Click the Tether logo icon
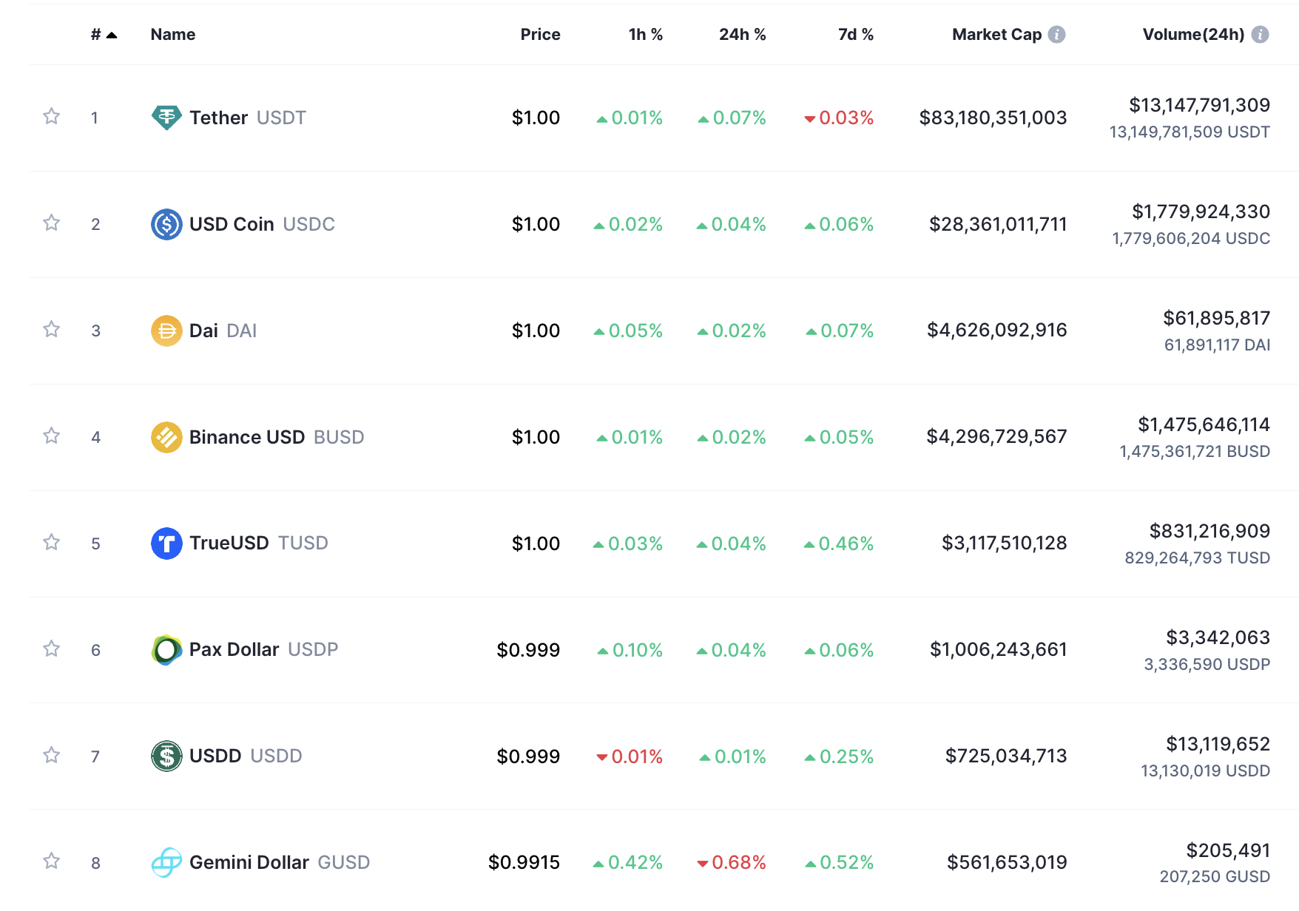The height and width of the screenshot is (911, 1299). click(166, 118)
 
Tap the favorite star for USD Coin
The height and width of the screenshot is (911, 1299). click(51, 223)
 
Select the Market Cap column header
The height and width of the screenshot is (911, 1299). click(996, 35)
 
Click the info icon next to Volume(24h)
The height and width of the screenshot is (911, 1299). click(1260, 35)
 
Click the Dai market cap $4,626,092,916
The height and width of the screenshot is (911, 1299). click(996, 330)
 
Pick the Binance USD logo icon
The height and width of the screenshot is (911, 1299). click(166, 437)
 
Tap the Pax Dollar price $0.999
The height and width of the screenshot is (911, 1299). click(528, 650)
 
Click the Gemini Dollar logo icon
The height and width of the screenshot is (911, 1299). click(166, 862)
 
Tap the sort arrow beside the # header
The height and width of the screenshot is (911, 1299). click(112, 35)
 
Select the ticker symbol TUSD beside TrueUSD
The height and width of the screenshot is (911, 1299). click(303, 543)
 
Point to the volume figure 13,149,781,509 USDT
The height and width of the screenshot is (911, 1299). click(1189, 132)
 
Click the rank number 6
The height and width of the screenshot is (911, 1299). click(95, 650)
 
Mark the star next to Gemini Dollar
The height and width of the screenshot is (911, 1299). click(51, 861)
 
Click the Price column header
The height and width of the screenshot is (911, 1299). click(540, 35)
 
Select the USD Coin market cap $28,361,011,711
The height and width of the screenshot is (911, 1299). click(997, 224)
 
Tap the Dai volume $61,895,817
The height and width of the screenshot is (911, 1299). click(1216, 319)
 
